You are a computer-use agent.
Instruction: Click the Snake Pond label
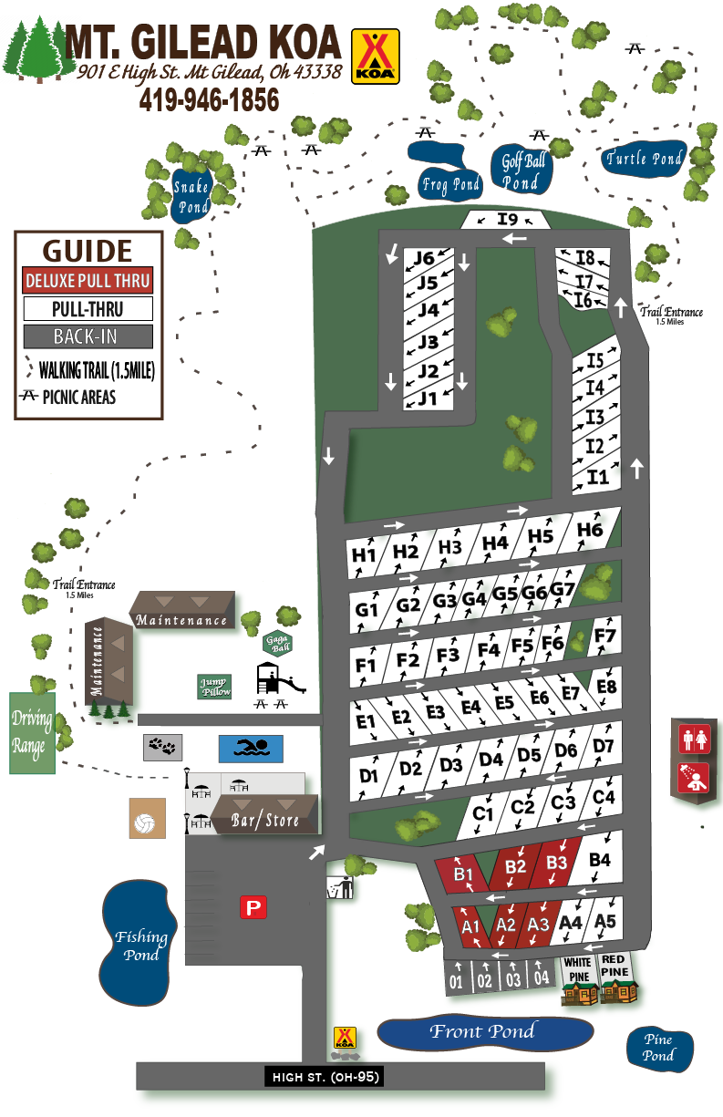191,196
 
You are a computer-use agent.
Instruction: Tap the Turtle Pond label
645,159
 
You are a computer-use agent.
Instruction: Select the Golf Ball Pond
522,171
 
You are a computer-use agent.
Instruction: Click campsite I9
507,219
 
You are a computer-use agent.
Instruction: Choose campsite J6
423,258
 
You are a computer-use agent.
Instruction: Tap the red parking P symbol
253,907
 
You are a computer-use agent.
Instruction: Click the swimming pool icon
251,749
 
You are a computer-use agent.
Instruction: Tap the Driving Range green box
32,732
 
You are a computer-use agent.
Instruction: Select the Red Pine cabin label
614,966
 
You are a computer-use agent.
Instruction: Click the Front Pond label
483,1032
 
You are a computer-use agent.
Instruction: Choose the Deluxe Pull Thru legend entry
88,281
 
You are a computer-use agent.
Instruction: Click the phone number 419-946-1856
209,100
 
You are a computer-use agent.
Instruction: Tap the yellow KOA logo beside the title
375,56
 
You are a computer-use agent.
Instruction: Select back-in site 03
513,977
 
